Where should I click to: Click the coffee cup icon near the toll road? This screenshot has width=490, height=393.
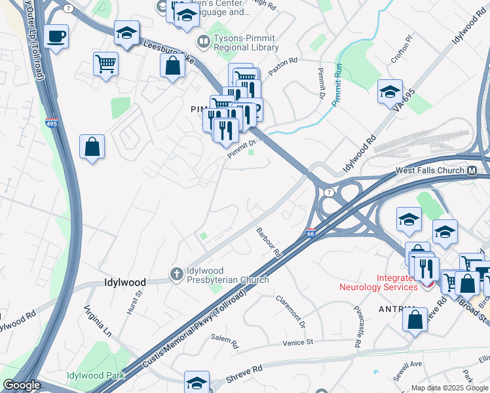tap(56, 36)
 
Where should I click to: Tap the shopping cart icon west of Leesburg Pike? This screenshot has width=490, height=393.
tap(105, 64)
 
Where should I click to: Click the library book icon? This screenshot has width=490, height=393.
tap(204, 42)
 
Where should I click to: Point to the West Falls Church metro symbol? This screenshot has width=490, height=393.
tap(472, 171)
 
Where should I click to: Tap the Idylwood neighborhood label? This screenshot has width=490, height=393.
tap(124, 283)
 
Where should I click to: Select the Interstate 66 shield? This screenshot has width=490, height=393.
tap(311, 233)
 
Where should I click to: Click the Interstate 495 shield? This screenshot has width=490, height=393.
tap(51, 122)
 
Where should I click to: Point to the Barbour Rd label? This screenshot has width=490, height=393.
tap(269, 242)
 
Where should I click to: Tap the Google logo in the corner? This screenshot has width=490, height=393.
tap(22, 385)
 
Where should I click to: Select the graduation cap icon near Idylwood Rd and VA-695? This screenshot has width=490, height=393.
tap(390, 92)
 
